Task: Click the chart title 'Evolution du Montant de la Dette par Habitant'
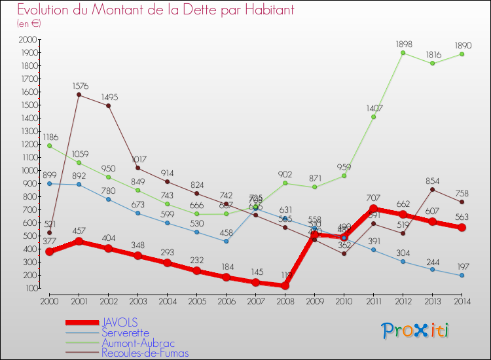(x=155, y=10)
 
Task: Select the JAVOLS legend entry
(x=120, y=323)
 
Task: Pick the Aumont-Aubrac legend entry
(x=138, y=343)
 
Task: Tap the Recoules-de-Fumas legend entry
(x=145, y=353)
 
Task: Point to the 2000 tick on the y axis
(x=29, y=39)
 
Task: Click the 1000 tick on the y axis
(x=29, y=170)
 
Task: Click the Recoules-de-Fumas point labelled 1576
(x=79, y=95)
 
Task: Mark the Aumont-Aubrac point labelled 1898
(x=403, y=52)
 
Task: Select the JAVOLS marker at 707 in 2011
(x=373, y=209)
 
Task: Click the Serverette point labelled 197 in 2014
(x=462, y=276)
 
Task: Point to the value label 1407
(x=374, y=109)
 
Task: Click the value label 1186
(x=49, y=137)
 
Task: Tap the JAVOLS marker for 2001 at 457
(x=79, y=242)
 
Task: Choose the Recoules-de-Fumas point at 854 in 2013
(x=432, y=189)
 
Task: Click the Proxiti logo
(x=416, y=331)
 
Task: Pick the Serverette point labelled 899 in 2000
(x=49, y=183)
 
